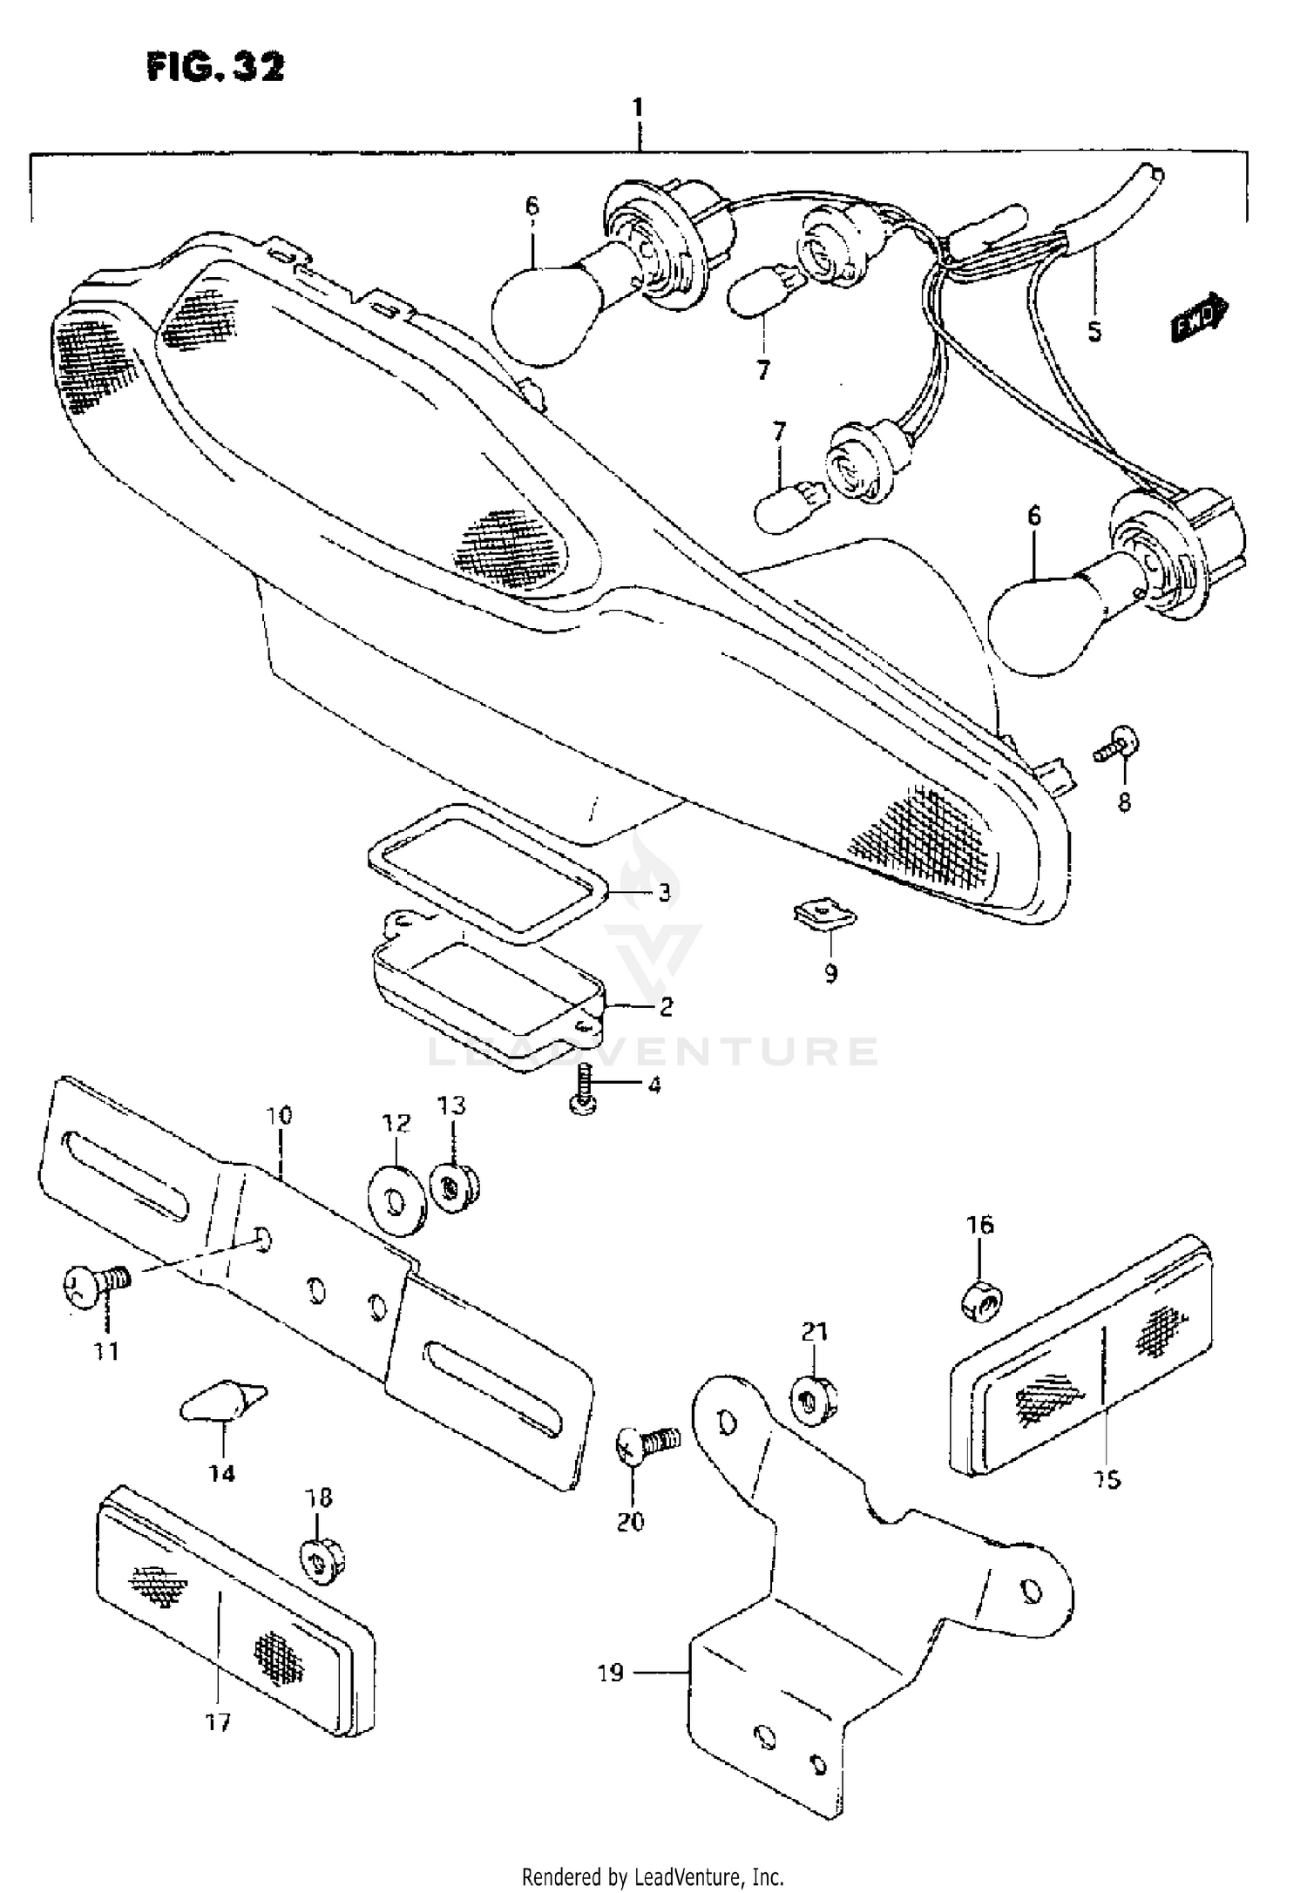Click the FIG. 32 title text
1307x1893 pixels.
coord(215,67)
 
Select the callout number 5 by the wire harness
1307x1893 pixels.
coord(1094,332)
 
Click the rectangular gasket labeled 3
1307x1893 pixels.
coord(484,872)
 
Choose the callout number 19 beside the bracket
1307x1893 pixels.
coord(611,1673)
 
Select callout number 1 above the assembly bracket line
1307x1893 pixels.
coord(638,109)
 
